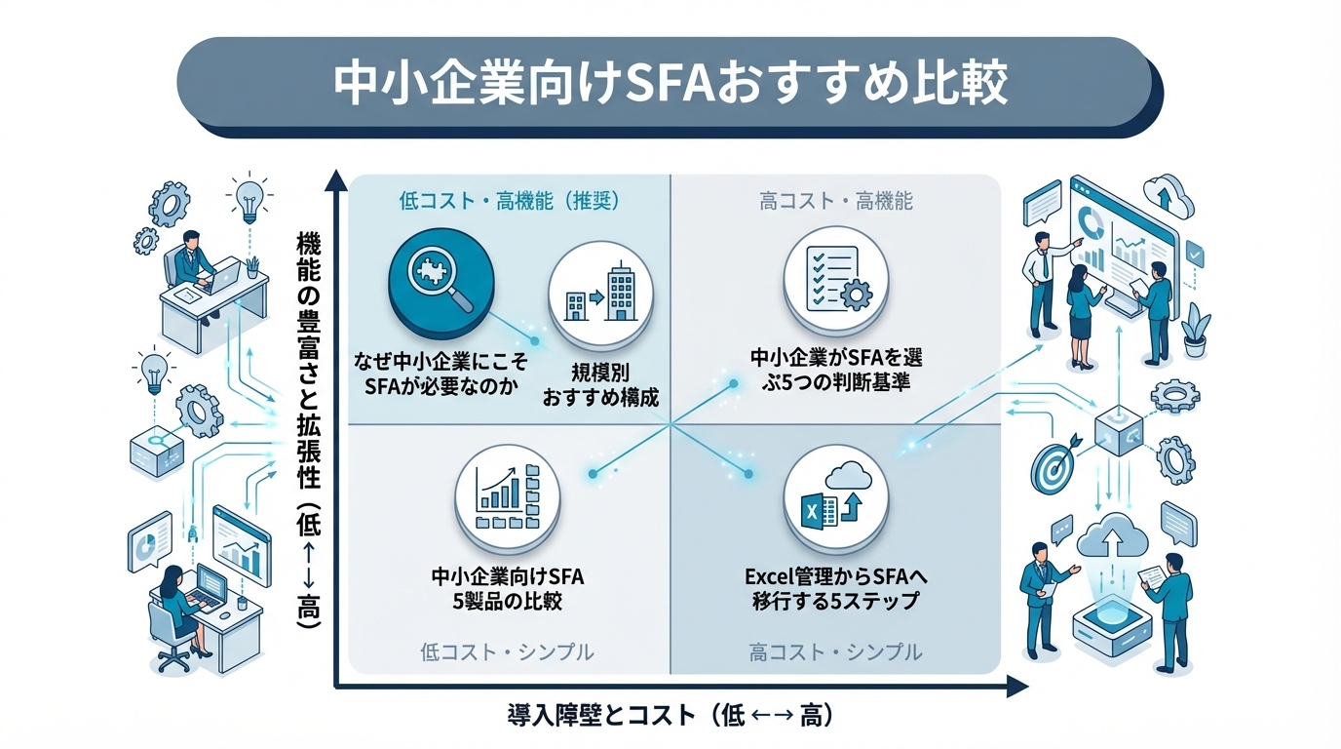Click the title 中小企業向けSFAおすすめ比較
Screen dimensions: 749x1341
click(670, 86)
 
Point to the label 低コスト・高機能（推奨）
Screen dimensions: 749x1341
click(510, 202)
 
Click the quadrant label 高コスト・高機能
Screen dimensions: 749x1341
click(835, 202)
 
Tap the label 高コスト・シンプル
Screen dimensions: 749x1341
click(835, 651)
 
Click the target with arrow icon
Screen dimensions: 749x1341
click(1054, 467)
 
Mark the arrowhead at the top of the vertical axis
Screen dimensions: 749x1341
click(335, 180)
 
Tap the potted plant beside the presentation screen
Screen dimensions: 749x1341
click(1196, 331)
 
